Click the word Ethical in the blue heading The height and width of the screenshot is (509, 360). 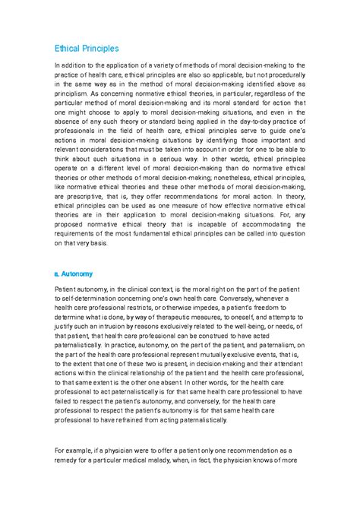click(67, 48)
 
